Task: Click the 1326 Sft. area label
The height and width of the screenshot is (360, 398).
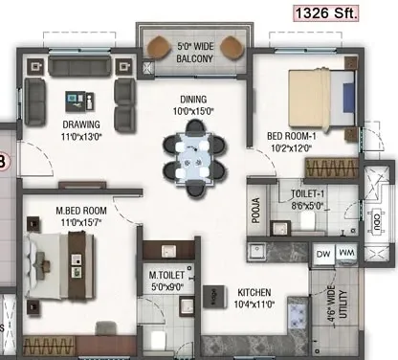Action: click(x=325, y=13)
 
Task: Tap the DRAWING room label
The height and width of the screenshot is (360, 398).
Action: click(x=81, y=124)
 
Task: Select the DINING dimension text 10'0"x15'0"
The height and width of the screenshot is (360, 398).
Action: click(x=193, y=112)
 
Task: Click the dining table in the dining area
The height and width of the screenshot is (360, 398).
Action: click(x=193, y=158)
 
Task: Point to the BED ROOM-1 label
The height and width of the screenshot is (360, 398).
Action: click(x=291, y=136)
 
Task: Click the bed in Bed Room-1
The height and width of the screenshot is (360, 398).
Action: click(x=321, y=99)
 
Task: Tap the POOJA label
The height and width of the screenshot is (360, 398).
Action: click(x=255, y=210)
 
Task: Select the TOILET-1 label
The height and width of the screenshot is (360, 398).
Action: click(x=307, y=193)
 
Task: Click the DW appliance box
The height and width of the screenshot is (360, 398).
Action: click(x=323, y=255)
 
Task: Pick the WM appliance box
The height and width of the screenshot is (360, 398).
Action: click(x=346, y=254)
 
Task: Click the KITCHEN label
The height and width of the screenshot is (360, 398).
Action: click(x=254, y=292)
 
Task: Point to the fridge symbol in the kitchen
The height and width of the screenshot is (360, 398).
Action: click(x=214, y=297)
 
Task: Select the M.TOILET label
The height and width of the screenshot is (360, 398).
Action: click(x=166, y=275)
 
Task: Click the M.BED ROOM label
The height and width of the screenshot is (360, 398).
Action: click(x=81, y=211)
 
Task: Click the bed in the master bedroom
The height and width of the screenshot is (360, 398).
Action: click(x=60, y=266)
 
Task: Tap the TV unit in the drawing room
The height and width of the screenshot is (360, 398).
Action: click(x=82, y=185)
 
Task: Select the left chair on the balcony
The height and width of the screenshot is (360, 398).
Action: click(x=159, y=47)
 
